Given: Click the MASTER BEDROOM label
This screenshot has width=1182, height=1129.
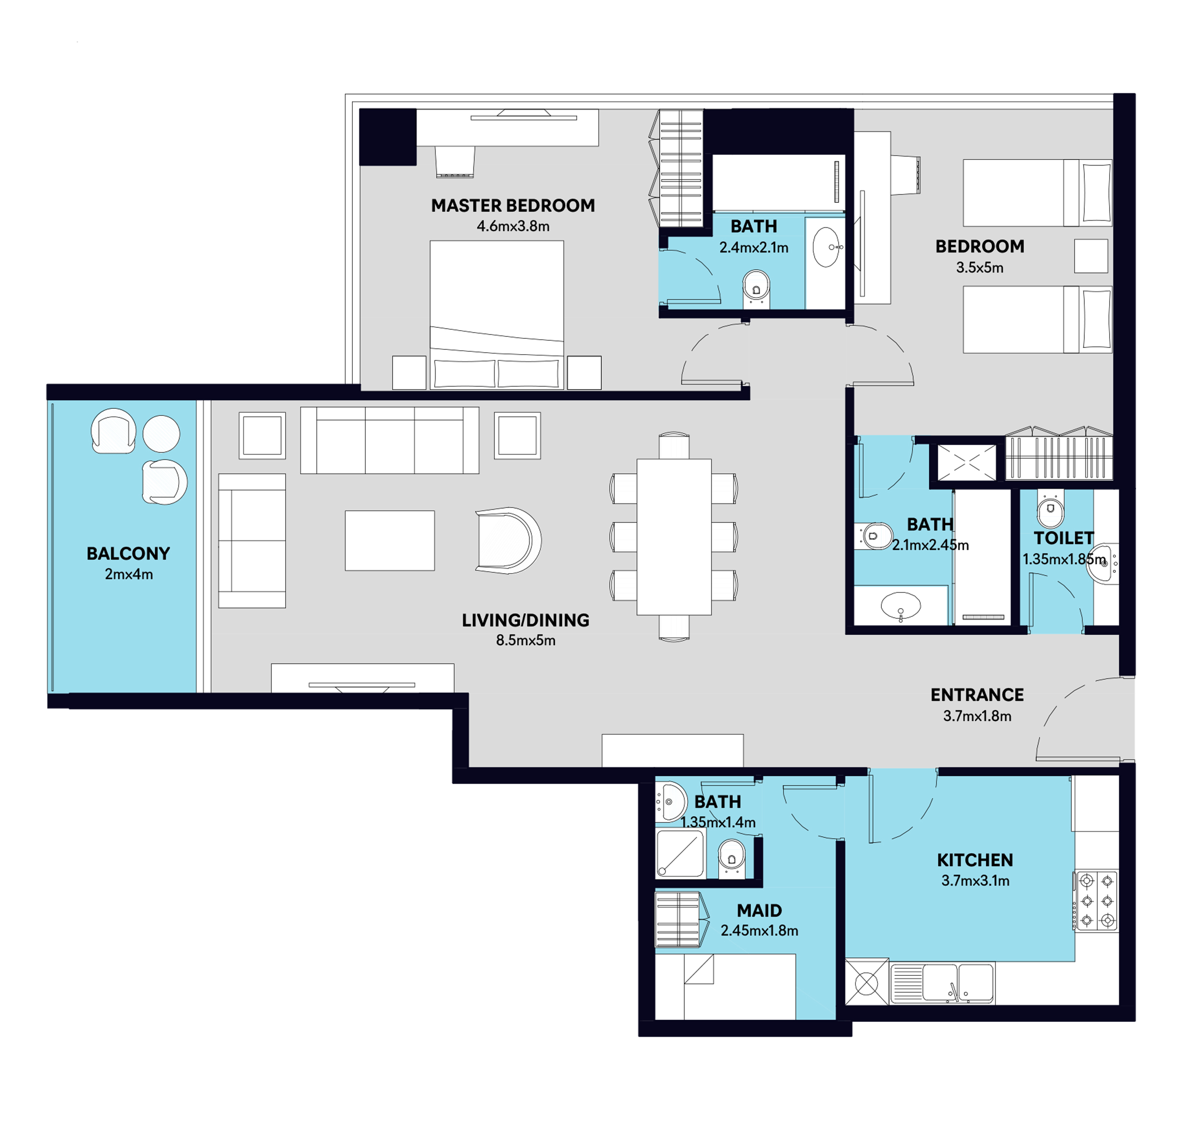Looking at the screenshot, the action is tap(513, 206).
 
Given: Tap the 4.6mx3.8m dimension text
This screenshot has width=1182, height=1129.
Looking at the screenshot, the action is tap(513, 226).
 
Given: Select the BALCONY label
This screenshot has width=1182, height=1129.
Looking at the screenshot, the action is tap(128, 554).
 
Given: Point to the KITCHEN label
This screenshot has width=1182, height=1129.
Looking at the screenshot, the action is tap(975, 860).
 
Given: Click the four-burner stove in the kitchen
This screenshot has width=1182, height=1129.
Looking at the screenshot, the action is tap(1096, 901).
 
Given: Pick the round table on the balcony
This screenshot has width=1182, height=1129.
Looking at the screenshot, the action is tap(161, 433).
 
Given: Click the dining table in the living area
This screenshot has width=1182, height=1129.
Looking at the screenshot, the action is tap(674, 537).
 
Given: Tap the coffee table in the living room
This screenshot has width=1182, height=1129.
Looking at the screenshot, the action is tap(389, 540).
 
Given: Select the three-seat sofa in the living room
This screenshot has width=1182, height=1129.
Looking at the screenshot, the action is tap(389, 440).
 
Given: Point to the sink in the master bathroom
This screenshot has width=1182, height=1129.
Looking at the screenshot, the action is tap(827, 247).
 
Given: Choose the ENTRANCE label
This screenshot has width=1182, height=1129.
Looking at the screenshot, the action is tap(977, 695).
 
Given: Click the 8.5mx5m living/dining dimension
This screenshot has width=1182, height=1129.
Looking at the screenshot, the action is tap(525, 640).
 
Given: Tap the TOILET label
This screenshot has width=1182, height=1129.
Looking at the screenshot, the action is tap(1063, 538).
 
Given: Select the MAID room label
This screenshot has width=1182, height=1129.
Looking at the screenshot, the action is tap(759, 911).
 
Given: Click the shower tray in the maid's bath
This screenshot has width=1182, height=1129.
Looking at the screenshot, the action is tap(681, 853).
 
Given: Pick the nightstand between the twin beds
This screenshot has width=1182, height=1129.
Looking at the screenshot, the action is tap(1091, 256).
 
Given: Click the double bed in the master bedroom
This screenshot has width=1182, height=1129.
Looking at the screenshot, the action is tap(496, 315).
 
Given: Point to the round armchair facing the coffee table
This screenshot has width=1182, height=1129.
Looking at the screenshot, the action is tap(508, 540).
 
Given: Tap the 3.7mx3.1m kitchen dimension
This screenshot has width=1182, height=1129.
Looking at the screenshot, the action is tap(975, 881).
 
